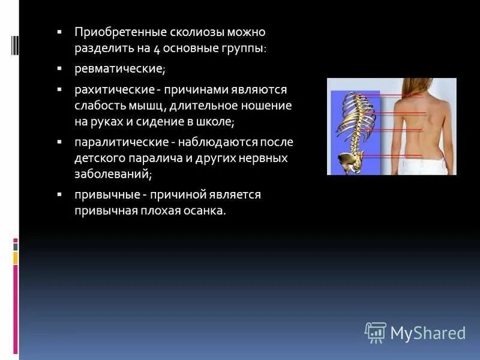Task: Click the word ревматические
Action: (119, 69)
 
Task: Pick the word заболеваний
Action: (112, 175)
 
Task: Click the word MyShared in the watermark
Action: (428, 333)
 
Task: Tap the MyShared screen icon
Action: (375, 332)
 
